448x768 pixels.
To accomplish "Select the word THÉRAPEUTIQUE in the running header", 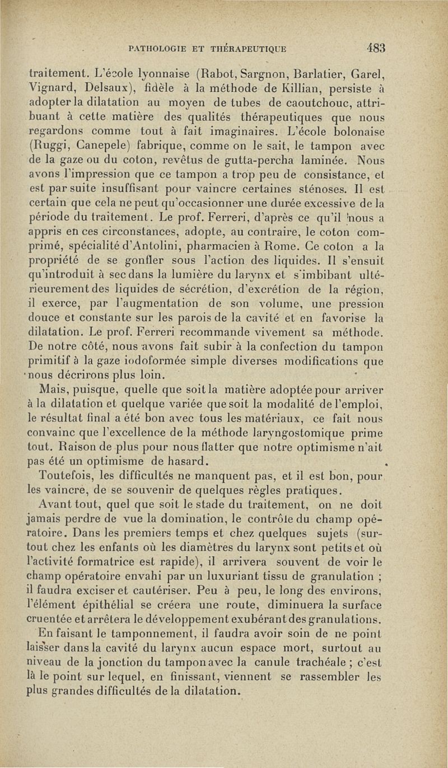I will [x=251, y=49].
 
